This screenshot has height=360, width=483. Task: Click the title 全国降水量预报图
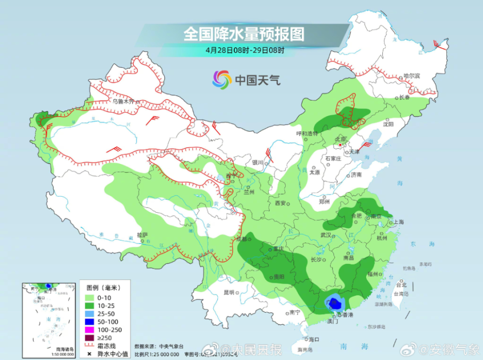[244, 34]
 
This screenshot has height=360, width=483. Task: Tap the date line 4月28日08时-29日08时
[245, 50]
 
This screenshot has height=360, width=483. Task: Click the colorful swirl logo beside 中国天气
[222, 79]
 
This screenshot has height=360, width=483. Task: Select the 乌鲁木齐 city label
[123, 101]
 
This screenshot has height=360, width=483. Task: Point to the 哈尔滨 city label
[411, 76]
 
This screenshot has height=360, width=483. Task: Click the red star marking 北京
[341, 145]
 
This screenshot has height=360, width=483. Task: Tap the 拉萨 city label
[142, 235]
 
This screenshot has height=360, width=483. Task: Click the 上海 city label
[398, 222]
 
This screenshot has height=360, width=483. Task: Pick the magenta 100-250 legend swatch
[91, 330]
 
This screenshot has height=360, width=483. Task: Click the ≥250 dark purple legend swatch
[91, 338]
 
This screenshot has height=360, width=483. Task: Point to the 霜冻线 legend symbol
[91, 346]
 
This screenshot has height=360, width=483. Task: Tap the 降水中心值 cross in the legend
[91, 354]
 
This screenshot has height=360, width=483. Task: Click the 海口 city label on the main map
[314, 339]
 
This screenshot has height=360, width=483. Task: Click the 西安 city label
[280, 203]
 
